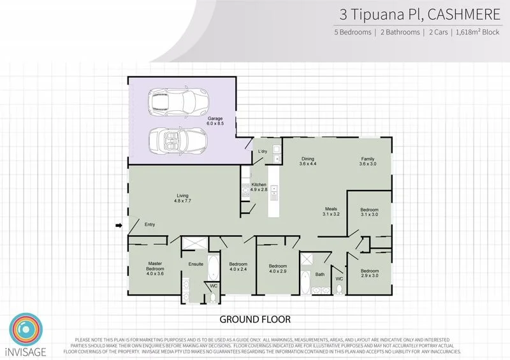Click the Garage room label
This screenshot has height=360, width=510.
point(214,121)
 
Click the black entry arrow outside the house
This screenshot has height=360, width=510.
point(119,225)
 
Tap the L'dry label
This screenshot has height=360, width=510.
point(263,151)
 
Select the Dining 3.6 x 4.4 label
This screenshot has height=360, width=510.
point(308,161)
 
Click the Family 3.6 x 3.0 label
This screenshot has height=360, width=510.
point(368,161)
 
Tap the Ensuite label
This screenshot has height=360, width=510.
point(196,263)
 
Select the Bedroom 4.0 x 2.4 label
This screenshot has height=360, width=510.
point(238,266)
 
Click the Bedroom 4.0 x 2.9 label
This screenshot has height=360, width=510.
point(277,269)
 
